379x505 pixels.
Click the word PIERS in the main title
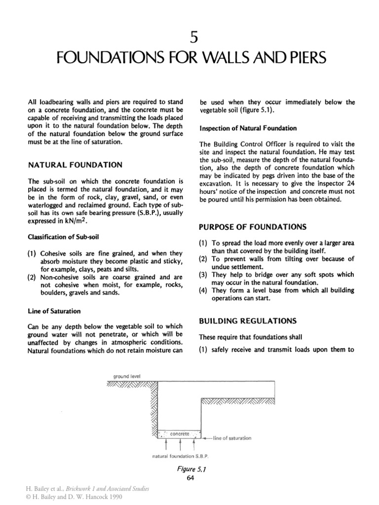pyautogui.click(x=302, y=59)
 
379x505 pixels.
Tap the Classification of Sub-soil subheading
pyautogui.click(x=61, y=223)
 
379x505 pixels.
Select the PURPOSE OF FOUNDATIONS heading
pyautogui.click(x=252, y=227)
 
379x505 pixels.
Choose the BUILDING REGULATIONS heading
pyautogui.click(x=247, y=321)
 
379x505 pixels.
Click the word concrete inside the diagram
pyautogui.click(x=179, y=433)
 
